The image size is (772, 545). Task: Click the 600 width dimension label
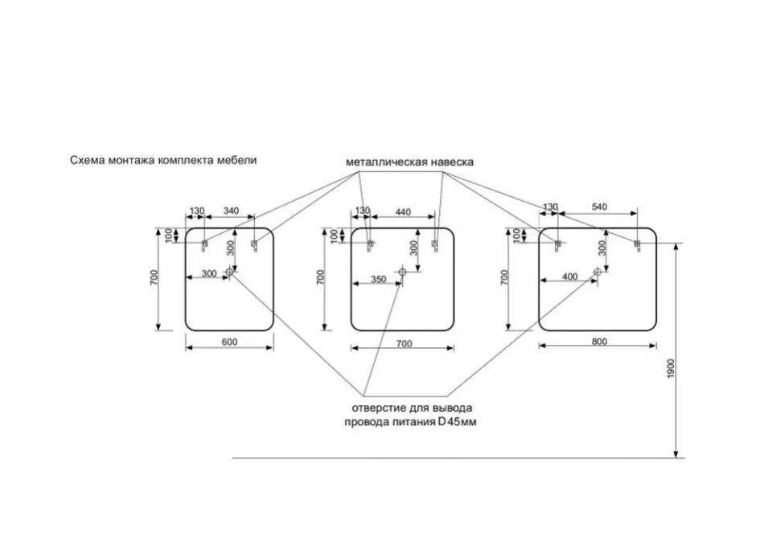click(x=229, y=342)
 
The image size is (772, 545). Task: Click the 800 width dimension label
click(x=599, y=341)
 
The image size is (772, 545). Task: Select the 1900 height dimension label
click(x=671, y=369)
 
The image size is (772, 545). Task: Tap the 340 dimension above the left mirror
click(x=231, y=211)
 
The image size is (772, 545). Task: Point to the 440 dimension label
click(x=403, y=211)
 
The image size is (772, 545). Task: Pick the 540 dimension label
click(x=599, y=207)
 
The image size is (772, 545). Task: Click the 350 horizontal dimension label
click(x=378, y=279)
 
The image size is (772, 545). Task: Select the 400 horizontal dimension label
click(x=569, y=277)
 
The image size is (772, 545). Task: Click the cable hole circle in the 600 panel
click(x=229, y=271)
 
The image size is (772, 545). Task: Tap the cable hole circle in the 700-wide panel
click(x=402, y=271)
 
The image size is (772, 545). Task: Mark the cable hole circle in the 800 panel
click(x=597, y=271)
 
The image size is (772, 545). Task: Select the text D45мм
click(x=458, y=422)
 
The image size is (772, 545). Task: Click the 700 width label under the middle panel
click(x=404, y=344)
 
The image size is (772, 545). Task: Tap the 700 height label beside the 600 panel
click(x=154, y=277)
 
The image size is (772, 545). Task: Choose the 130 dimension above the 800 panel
click(x=550, y=207)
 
